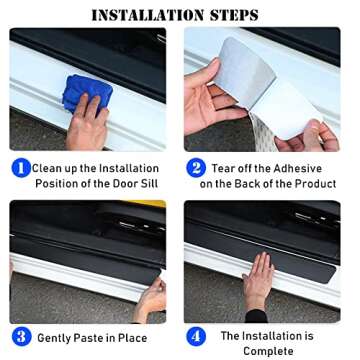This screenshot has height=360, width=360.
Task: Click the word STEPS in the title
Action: (232, 14)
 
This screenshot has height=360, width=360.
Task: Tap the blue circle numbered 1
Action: (20, 168)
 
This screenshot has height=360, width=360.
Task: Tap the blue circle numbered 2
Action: (196, 168)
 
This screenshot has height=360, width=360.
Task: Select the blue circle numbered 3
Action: (20, 336)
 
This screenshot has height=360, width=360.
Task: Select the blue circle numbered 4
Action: (196, 336)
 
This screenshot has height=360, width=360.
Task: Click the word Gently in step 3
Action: (61, 337)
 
